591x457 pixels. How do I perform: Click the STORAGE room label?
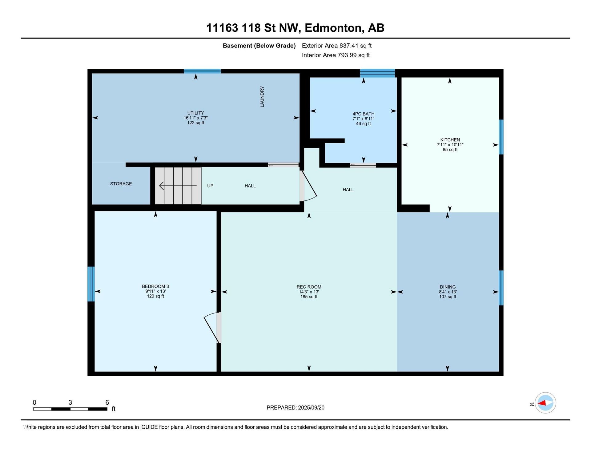click(x=121, y=184)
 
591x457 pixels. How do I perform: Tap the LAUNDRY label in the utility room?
click(x=262, y=97)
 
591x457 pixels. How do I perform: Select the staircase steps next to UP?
click(x=178, y=186)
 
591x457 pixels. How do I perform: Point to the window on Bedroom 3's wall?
click(x=91, y=284)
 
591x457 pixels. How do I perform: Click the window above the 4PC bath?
click(x=377, y=73)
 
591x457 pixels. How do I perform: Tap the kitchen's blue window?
click(x=501, y=137)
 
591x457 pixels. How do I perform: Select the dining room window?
click(x=501, y=288)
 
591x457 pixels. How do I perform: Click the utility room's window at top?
click(x=202, y=71)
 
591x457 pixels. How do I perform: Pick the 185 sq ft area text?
click(x=309, y=297)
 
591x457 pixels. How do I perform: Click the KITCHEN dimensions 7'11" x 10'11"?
click(x=450, y=145)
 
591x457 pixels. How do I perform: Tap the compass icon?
click(x=545, y=403)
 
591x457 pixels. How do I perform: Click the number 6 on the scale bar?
click(x=107, y=402)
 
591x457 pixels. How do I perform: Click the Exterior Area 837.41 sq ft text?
click(x=337, y=46)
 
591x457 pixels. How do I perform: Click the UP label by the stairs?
click(x=210, y=186)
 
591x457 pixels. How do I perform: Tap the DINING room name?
click(x=448, y=287)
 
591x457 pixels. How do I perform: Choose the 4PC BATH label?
click(x=364, y=114)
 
